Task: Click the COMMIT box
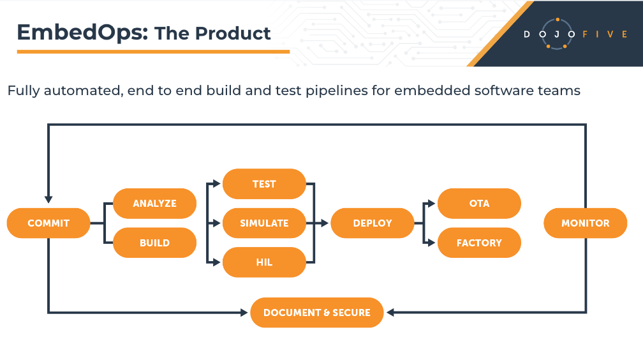point(48,223)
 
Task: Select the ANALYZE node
point(154,203)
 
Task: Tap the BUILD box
point(154,243)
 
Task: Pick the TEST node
point(264,184)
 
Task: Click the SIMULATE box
point(264,223)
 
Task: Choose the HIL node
point(264,262)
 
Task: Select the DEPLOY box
point(373,223)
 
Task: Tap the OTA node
point(479,203)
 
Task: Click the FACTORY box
point(479,243)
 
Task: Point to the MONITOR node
point(585,223)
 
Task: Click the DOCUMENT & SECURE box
point(316,312)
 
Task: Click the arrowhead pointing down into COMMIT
point(48,200)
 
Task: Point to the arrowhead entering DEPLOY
point(325,223)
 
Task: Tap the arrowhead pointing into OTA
point(431,203)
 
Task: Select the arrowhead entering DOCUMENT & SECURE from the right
point(390,312)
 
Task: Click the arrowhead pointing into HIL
point(216,262)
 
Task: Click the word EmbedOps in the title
point(82,33)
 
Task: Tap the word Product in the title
point(233,33)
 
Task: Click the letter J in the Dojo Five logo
point(556,34)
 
